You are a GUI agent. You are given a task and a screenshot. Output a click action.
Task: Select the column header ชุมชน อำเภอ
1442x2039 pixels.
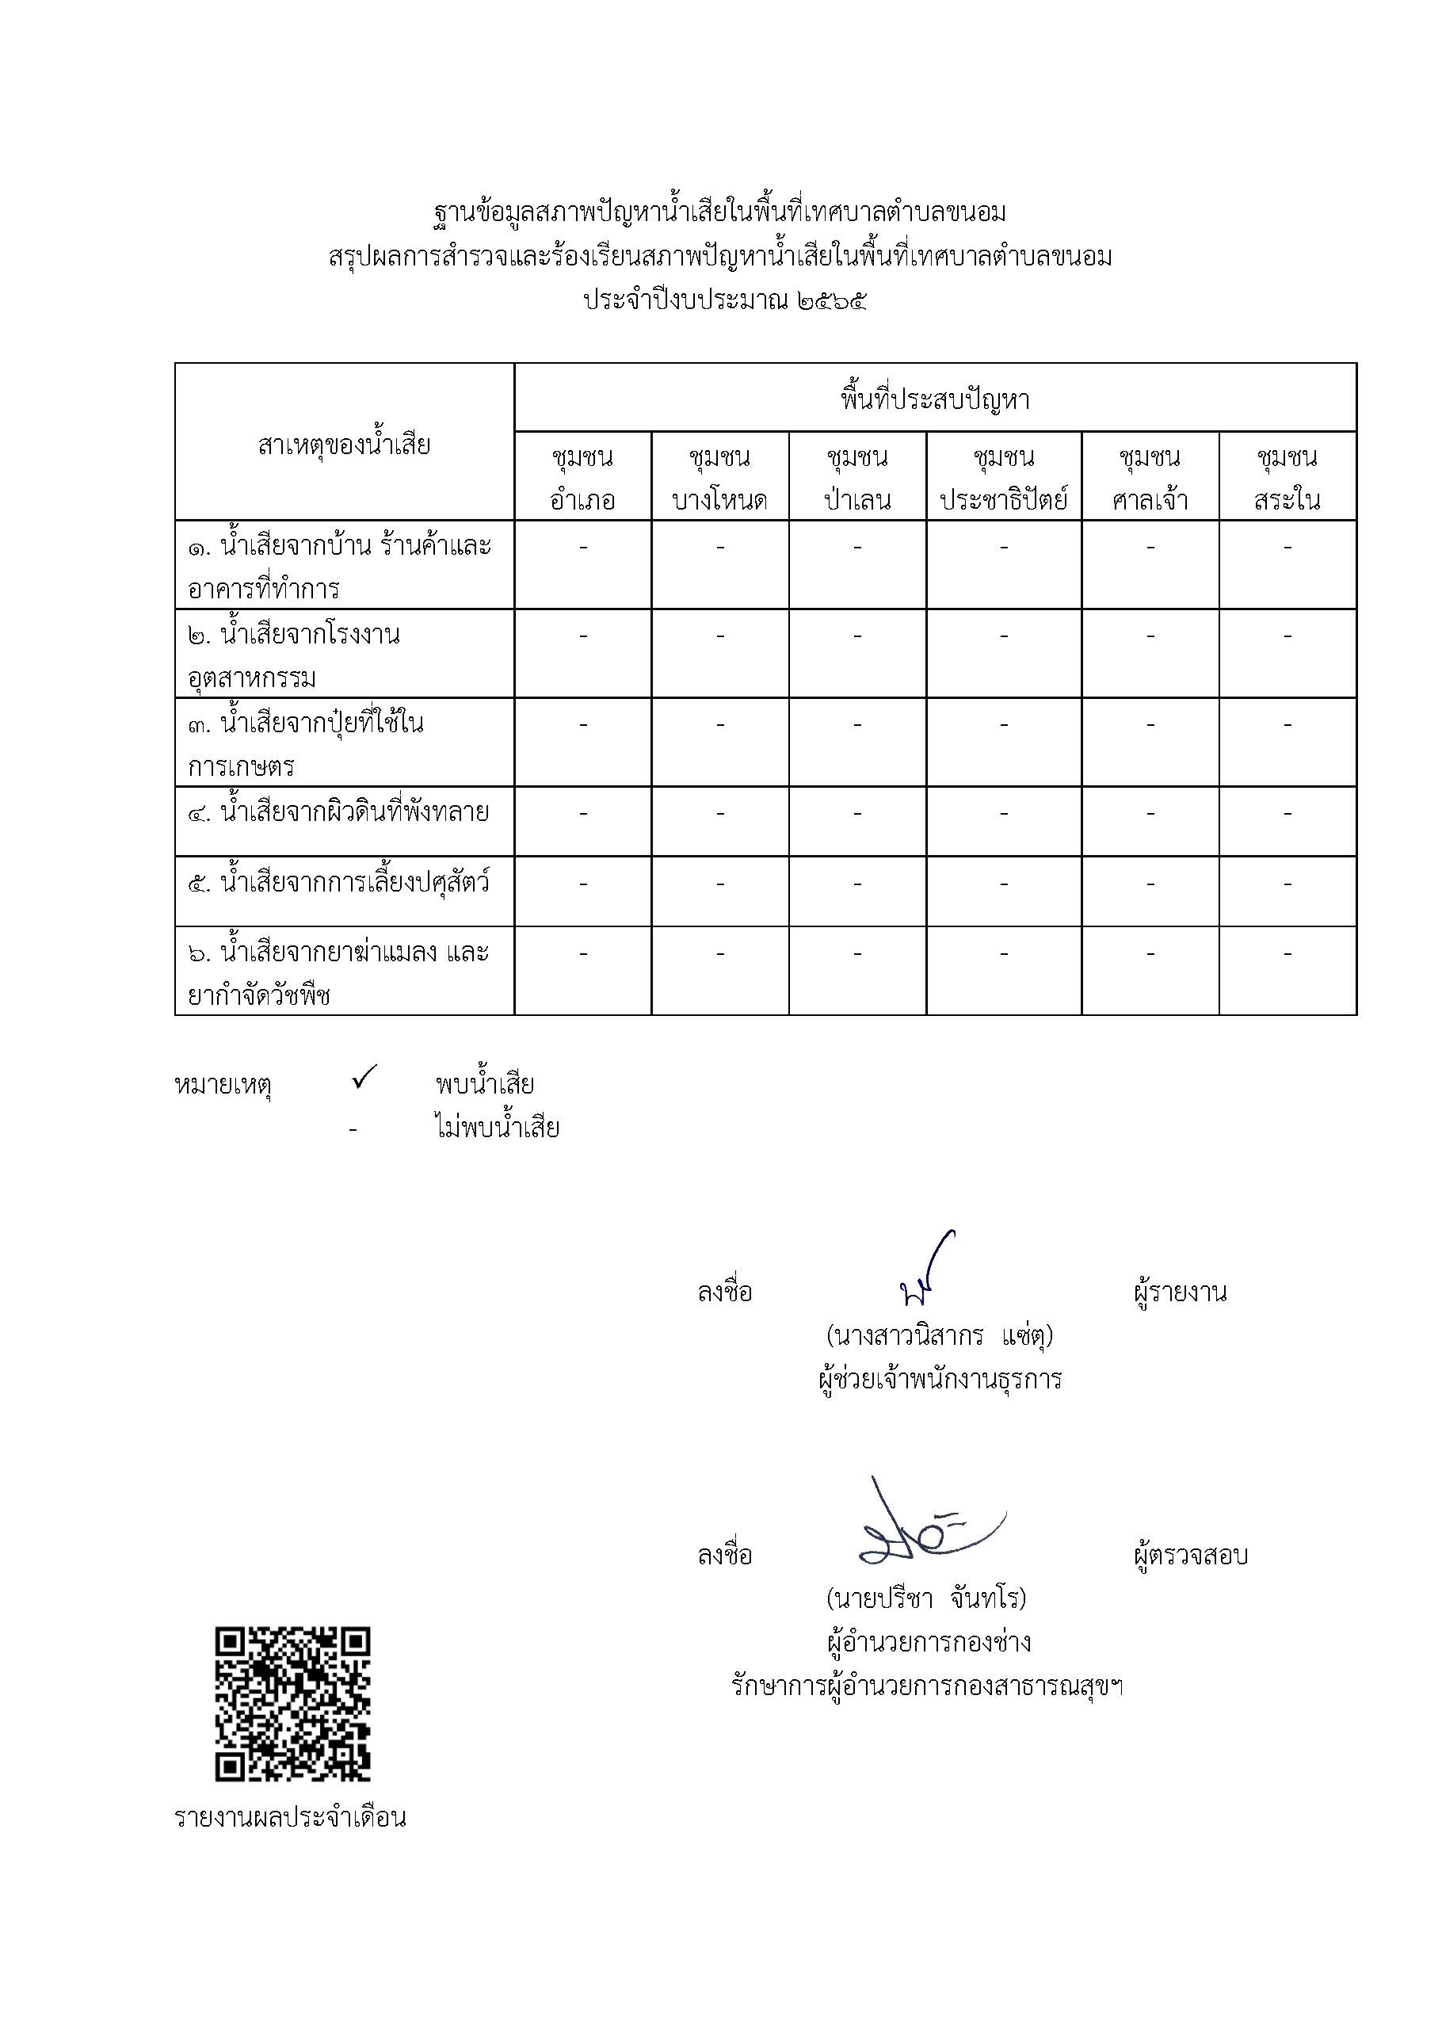tap(582, 478)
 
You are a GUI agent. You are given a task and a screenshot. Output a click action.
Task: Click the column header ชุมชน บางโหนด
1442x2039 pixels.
tap(719, 478)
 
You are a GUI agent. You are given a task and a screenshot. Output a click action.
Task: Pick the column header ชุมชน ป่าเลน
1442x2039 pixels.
tap(856, 478)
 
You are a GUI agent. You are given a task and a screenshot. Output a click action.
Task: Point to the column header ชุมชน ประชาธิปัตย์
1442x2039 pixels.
tap(1003, 478)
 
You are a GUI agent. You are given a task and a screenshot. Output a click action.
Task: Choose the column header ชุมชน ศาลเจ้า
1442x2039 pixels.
tap(1150, 478)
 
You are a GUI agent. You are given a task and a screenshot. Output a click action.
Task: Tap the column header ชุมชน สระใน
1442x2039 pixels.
tap(1287, 478)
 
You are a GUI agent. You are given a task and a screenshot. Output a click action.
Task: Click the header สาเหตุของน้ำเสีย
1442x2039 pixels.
tap(344, 444)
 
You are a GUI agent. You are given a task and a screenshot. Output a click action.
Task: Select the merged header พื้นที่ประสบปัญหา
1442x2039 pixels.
tap(935, 400)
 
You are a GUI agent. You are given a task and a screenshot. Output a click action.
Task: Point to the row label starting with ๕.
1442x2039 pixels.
tap(338, 884)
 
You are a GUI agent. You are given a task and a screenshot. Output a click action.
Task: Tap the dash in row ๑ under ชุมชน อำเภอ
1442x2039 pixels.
tap(582, 548)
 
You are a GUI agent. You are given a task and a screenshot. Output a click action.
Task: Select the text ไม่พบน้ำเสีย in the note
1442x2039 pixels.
tap(498, 1128)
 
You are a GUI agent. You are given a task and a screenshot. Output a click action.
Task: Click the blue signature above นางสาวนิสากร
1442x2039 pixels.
tap(925, 1271)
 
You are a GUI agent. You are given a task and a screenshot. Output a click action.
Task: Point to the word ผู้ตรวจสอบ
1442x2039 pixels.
tap(1191, 1555)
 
